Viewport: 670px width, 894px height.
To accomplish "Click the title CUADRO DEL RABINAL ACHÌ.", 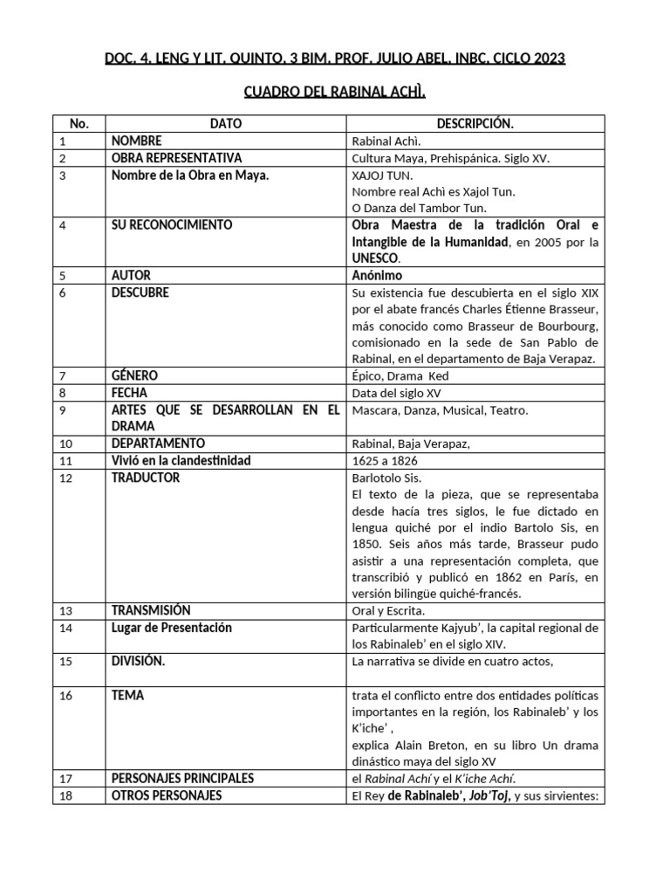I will tap(334, 94).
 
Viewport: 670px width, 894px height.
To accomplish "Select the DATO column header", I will tap(226, 125).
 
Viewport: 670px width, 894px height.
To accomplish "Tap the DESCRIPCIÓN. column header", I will tap(475, 125).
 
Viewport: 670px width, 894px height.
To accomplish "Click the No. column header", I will tap(79, 125).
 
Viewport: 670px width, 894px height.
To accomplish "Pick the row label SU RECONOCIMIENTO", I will tap(172, 225).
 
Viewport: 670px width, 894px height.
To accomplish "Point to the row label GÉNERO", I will tap(135, 375).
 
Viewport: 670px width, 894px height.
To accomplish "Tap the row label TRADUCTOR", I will tap(146, 478).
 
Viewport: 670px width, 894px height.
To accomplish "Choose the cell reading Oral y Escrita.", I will tap(389, 610).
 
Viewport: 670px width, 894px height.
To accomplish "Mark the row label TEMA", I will tap(128, 696).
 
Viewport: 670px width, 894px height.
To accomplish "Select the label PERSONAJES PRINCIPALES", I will tap(182, 778).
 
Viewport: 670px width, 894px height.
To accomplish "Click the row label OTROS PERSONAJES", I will tap(167, 795).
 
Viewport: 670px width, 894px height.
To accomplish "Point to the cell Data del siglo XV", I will tap(398, 393).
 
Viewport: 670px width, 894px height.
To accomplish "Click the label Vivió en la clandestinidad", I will tap(181, 460).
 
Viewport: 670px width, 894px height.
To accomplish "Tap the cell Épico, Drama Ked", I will tap(400, 375).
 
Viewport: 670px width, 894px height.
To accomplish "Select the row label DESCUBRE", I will tap(140, 292).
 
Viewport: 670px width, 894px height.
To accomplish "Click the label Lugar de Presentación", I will tap(172, 628).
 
